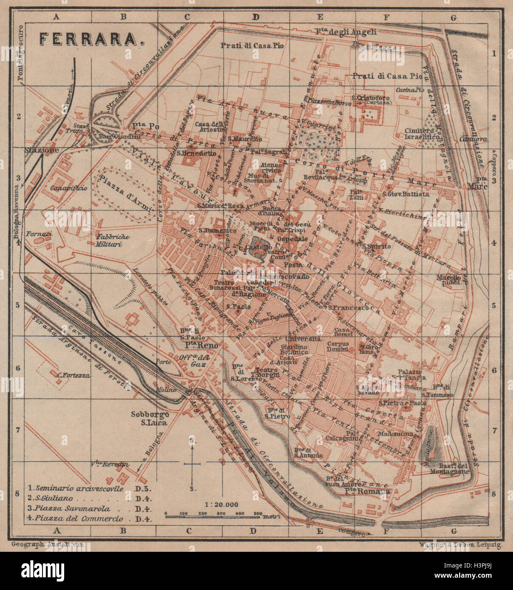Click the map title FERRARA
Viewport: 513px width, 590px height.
pos(91,39)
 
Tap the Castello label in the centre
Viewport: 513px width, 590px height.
pos(261,247)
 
